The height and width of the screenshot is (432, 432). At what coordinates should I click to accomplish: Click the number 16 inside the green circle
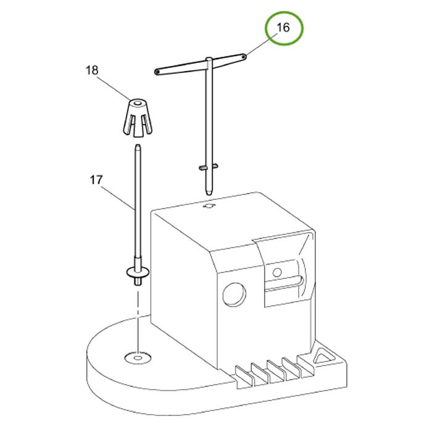pyautogui.click(x=283, y=28)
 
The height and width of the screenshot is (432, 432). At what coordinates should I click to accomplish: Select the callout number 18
pyautogui.click(x=92, y=70)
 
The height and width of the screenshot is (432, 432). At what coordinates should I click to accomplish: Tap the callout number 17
pyautogui.click(x=95, y=180)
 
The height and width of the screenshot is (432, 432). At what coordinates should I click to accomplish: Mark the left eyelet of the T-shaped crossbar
pyautogui.click(x=157, y=72)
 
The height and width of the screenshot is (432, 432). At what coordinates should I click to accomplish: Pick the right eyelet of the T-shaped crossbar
pyautogui.click(x=245, y=56)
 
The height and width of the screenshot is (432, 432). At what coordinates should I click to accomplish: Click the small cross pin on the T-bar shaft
pyautogui.click(x=209, y=167)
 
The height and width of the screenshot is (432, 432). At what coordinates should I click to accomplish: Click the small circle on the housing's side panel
pyautogui.click(x=277, y=272)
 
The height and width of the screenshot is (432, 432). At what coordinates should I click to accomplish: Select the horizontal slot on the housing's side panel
pyautogui.click(x=285, y=284)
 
